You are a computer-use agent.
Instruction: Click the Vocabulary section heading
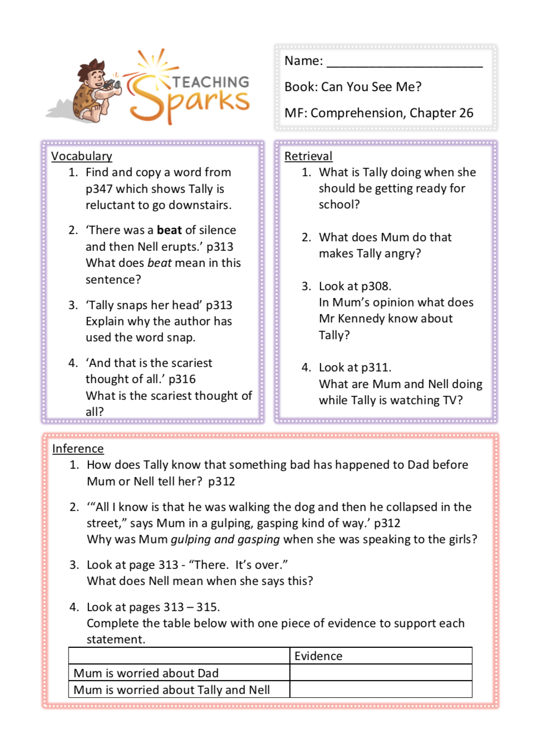tap(81, 156)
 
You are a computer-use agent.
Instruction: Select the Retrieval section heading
tap(308, 156)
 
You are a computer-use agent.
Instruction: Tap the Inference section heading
tap(78, 449)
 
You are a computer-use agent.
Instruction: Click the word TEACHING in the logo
tap(210, 82)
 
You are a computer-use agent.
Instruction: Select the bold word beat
tap(169, 230)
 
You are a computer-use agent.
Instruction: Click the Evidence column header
tap(318, 656)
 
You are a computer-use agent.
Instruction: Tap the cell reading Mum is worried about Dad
tap(146, 673)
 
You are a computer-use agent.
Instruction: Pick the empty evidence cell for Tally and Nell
tap(381, 690)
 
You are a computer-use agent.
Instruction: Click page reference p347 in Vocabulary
tap(99, 189)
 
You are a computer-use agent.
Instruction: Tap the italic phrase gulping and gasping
tap(225, 539)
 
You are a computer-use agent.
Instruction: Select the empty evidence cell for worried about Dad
tap(381, 673)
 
